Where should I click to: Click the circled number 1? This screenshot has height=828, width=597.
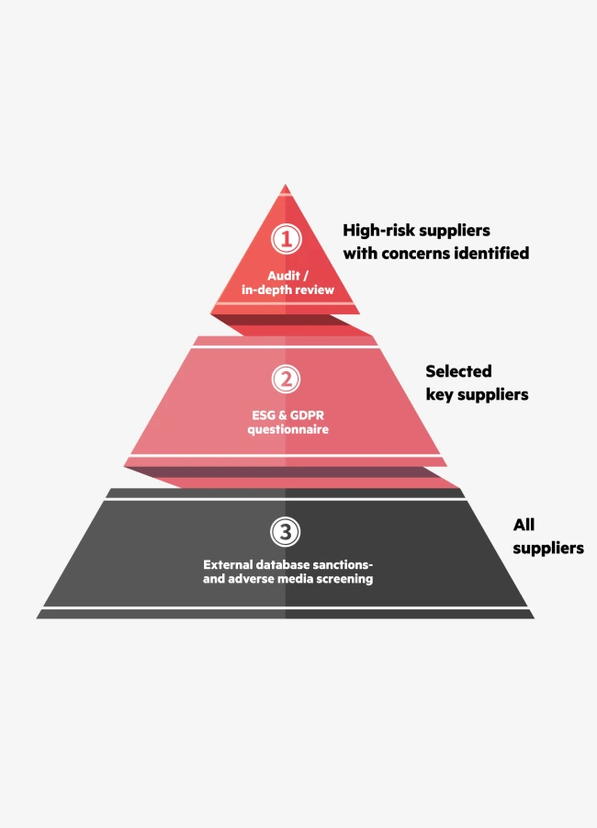tap(286, 240)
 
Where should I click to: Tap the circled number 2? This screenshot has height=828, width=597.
tap(286, 379)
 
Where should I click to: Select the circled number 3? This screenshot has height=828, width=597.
tap(286, 531)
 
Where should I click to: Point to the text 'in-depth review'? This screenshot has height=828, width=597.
tap(286, 290)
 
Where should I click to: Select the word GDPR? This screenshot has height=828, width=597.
tap(305, 414)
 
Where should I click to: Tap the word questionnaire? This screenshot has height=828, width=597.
tap(286, 429)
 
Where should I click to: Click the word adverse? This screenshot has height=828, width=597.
tap(252, 579)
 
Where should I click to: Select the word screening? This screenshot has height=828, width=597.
tap(344, 579)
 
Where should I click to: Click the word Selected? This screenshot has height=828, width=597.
tap(458, 372)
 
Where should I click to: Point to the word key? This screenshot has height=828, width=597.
tap(440, 395)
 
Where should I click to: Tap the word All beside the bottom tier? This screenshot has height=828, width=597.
tap(524, 525)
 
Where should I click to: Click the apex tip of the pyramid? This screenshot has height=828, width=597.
tap(286, 187)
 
